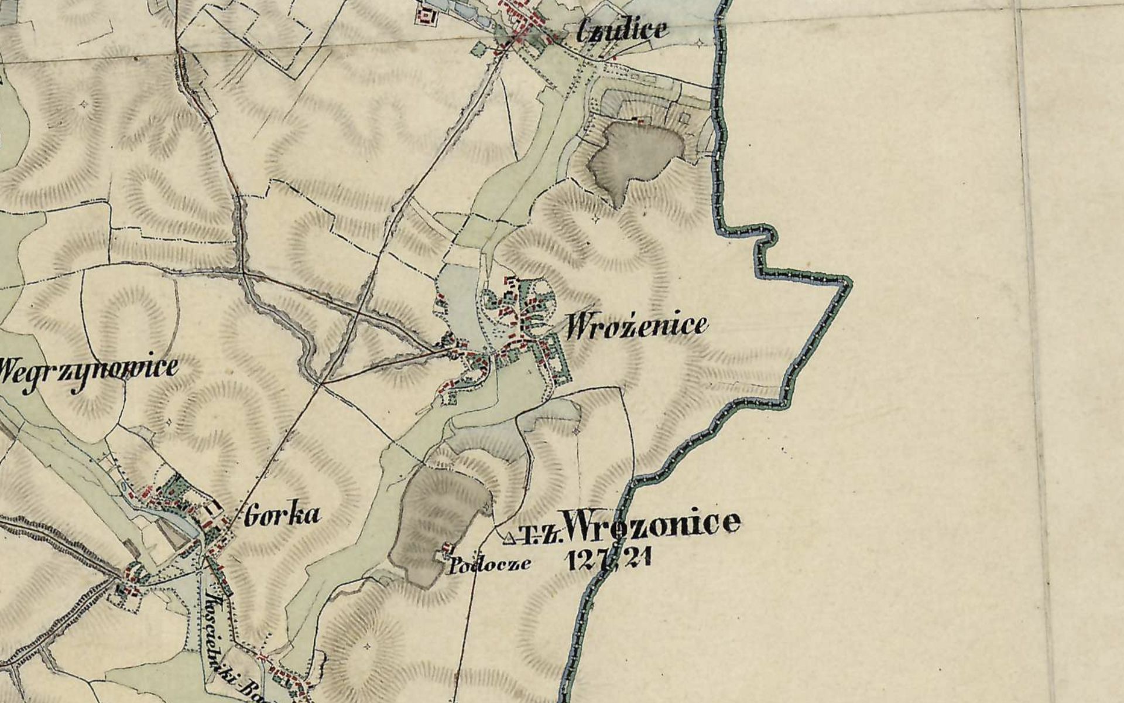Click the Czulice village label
coord(622,30)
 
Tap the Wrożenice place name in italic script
coord(636,326)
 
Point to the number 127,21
coord(609,560)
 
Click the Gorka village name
coord(283,515)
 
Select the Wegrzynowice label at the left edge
coord(88,368)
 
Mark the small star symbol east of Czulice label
coord(701,43)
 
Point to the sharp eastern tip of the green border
coord(849,283)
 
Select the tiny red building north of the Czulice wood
coord(640,122)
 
